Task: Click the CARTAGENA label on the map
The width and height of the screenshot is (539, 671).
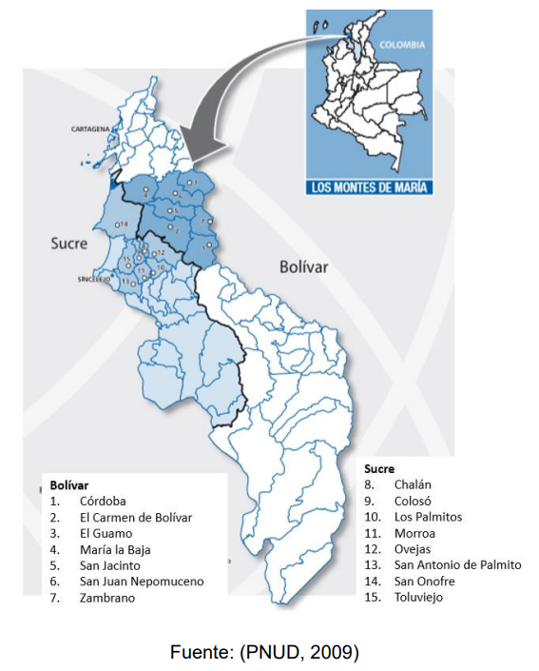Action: point(91,127)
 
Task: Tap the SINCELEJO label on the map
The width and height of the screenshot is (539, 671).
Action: point(92,280)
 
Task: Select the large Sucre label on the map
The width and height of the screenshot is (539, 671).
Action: point(68,244)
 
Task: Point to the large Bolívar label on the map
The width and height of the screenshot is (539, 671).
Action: point(303,267)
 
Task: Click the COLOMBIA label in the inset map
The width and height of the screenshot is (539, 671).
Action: point(401,45)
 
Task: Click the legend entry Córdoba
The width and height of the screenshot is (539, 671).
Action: point(103,501)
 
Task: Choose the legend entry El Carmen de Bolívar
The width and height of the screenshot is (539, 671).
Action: point(136,517)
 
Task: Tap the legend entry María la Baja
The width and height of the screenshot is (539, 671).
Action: point(115,549)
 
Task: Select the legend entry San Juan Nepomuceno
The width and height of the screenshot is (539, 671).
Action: point(142,582)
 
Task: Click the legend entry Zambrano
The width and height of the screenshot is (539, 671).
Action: point(107,598)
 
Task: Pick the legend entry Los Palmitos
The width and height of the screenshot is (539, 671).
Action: point(428,517)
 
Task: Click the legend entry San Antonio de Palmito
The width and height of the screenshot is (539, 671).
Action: point(457,565)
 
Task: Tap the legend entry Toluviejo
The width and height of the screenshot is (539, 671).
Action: point(419,598)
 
